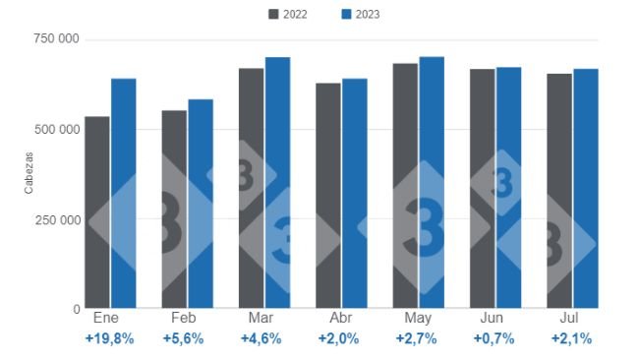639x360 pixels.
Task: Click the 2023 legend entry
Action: (x=360, y=14)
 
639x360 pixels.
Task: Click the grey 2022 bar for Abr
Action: (x=328, y=196)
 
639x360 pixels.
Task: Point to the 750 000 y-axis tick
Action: (x=56, y=39)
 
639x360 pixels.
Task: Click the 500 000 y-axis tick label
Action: (x=56, y=129)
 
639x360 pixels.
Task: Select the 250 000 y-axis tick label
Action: (x=56, y=219)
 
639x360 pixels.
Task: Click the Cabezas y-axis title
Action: (x=29, y=173)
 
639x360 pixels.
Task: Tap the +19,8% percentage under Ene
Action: (x=110, y=338)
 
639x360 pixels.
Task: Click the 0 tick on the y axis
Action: (x=76, y=309)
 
